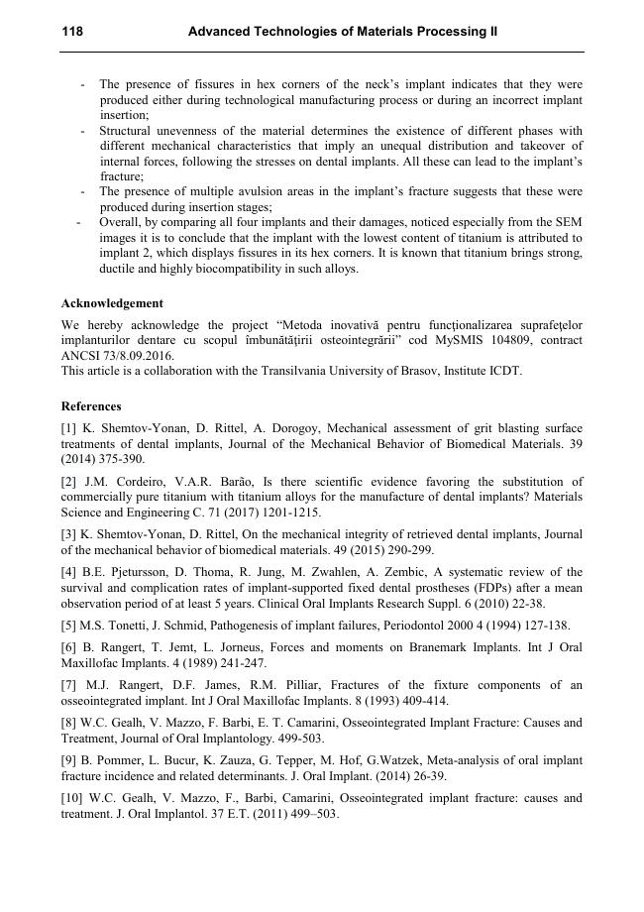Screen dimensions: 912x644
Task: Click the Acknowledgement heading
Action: pyautogui.click(x=112, y=303)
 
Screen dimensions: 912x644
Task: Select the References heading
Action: pyautogui.click(x=91, y=405)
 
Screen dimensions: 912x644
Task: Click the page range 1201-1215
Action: pyautogui.click(x=287, y=513)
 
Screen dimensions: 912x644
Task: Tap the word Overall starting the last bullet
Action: pyautogui.click(x=119, y=223)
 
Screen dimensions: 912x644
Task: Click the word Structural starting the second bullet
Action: pyautogui.click(x=127, y=131)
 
